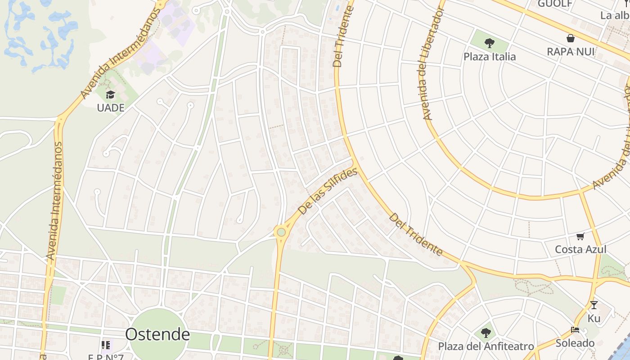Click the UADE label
click(x=111, y=108)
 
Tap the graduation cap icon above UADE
click(x=110, y=95)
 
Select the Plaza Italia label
click(x=490, y=57)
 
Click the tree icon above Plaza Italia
click(x=490, y=43)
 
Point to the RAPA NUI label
click(x=571, y=51)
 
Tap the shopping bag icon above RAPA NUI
click(x=571, y=38)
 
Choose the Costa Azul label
click(x=580, y=249)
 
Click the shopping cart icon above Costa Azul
click(x=580, y=236)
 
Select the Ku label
click(x=594, y=318)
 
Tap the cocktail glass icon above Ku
click(x=594, y=305)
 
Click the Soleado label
click(x=575, y=343)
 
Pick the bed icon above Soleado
click(x=575, y=330)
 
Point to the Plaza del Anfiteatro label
click(x=486, y=346)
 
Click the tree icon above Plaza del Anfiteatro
click(x=486, y=333)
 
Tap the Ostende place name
click(x=157, y=334)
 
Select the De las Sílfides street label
click(x=328, y=191)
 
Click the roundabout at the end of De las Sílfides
click(x=281, y=232)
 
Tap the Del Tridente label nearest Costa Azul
click(x=416, y=234)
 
